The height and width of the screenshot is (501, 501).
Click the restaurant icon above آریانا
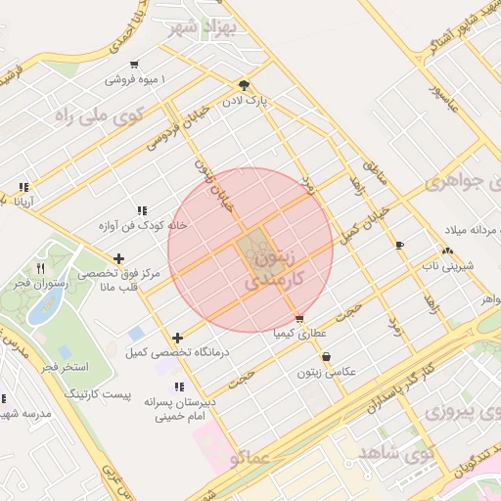click(23, 186)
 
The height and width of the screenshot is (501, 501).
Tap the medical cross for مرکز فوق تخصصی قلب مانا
click(118, 259)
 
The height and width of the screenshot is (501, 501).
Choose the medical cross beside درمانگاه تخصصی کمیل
click(176, 338)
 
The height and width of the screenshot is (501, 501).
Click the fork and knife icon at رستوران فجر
click(40, 267)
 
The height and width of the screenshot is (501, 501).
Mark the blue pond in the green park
click(43, 306)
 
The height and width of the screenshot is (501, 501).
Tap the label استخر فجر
click(61, 367)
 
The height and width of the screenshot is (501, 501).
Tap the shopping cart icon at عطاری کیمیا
click(298, 319)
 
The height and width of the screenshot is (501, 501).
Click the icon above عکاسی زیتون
click(326, 357)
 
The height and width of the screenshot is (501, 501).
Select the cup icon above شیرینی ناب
click(399, 245)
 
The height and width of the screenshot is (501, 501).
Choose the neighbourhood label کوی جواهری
click(461, 183)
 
